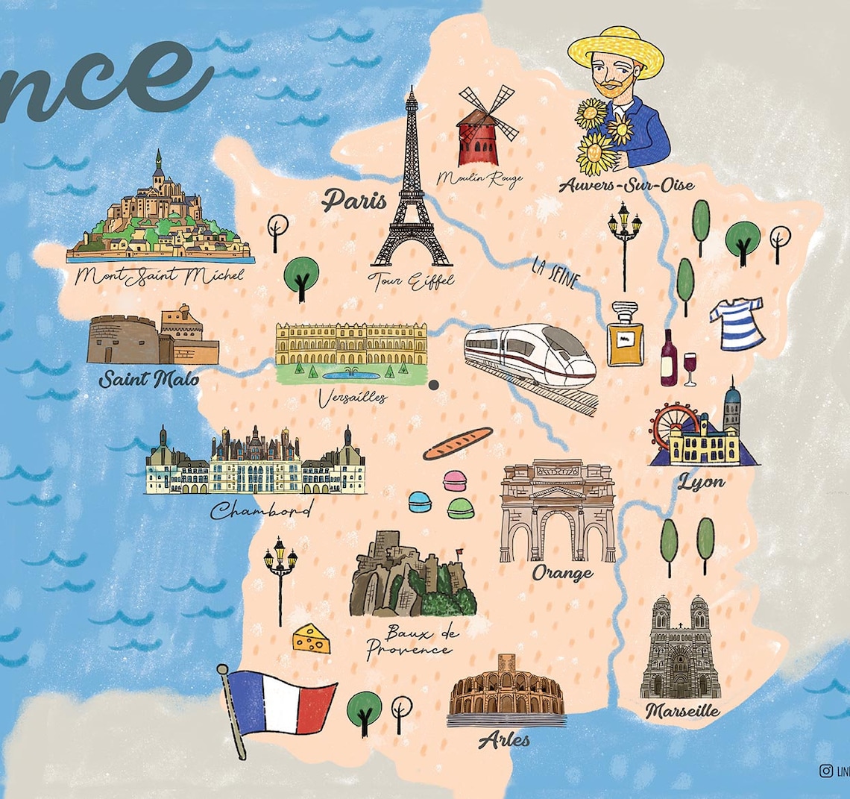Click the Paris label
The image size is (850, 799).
(354, 200)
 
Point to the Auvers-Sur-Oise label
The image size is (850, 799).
(626, 185)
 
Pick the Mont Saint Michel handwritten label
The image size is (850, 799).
(160, 275)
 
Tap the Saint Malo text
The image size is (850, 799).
(149, 379)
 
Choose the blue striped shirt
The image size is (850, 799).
(737, 323)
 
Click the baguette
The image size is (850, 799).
(458, 442)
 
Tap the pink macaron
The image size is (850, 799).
(454, 480)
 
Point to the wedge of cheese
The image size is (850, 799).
(312, 639)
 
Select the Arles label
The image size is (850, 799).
(504, 740)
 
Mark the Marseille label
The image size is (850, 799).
(682, 710)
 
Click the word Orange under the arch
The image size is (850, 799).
(562, 573)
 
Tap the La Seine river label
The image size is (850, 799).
(555, 272)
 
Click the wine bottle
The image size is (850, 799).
(668, 360)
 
